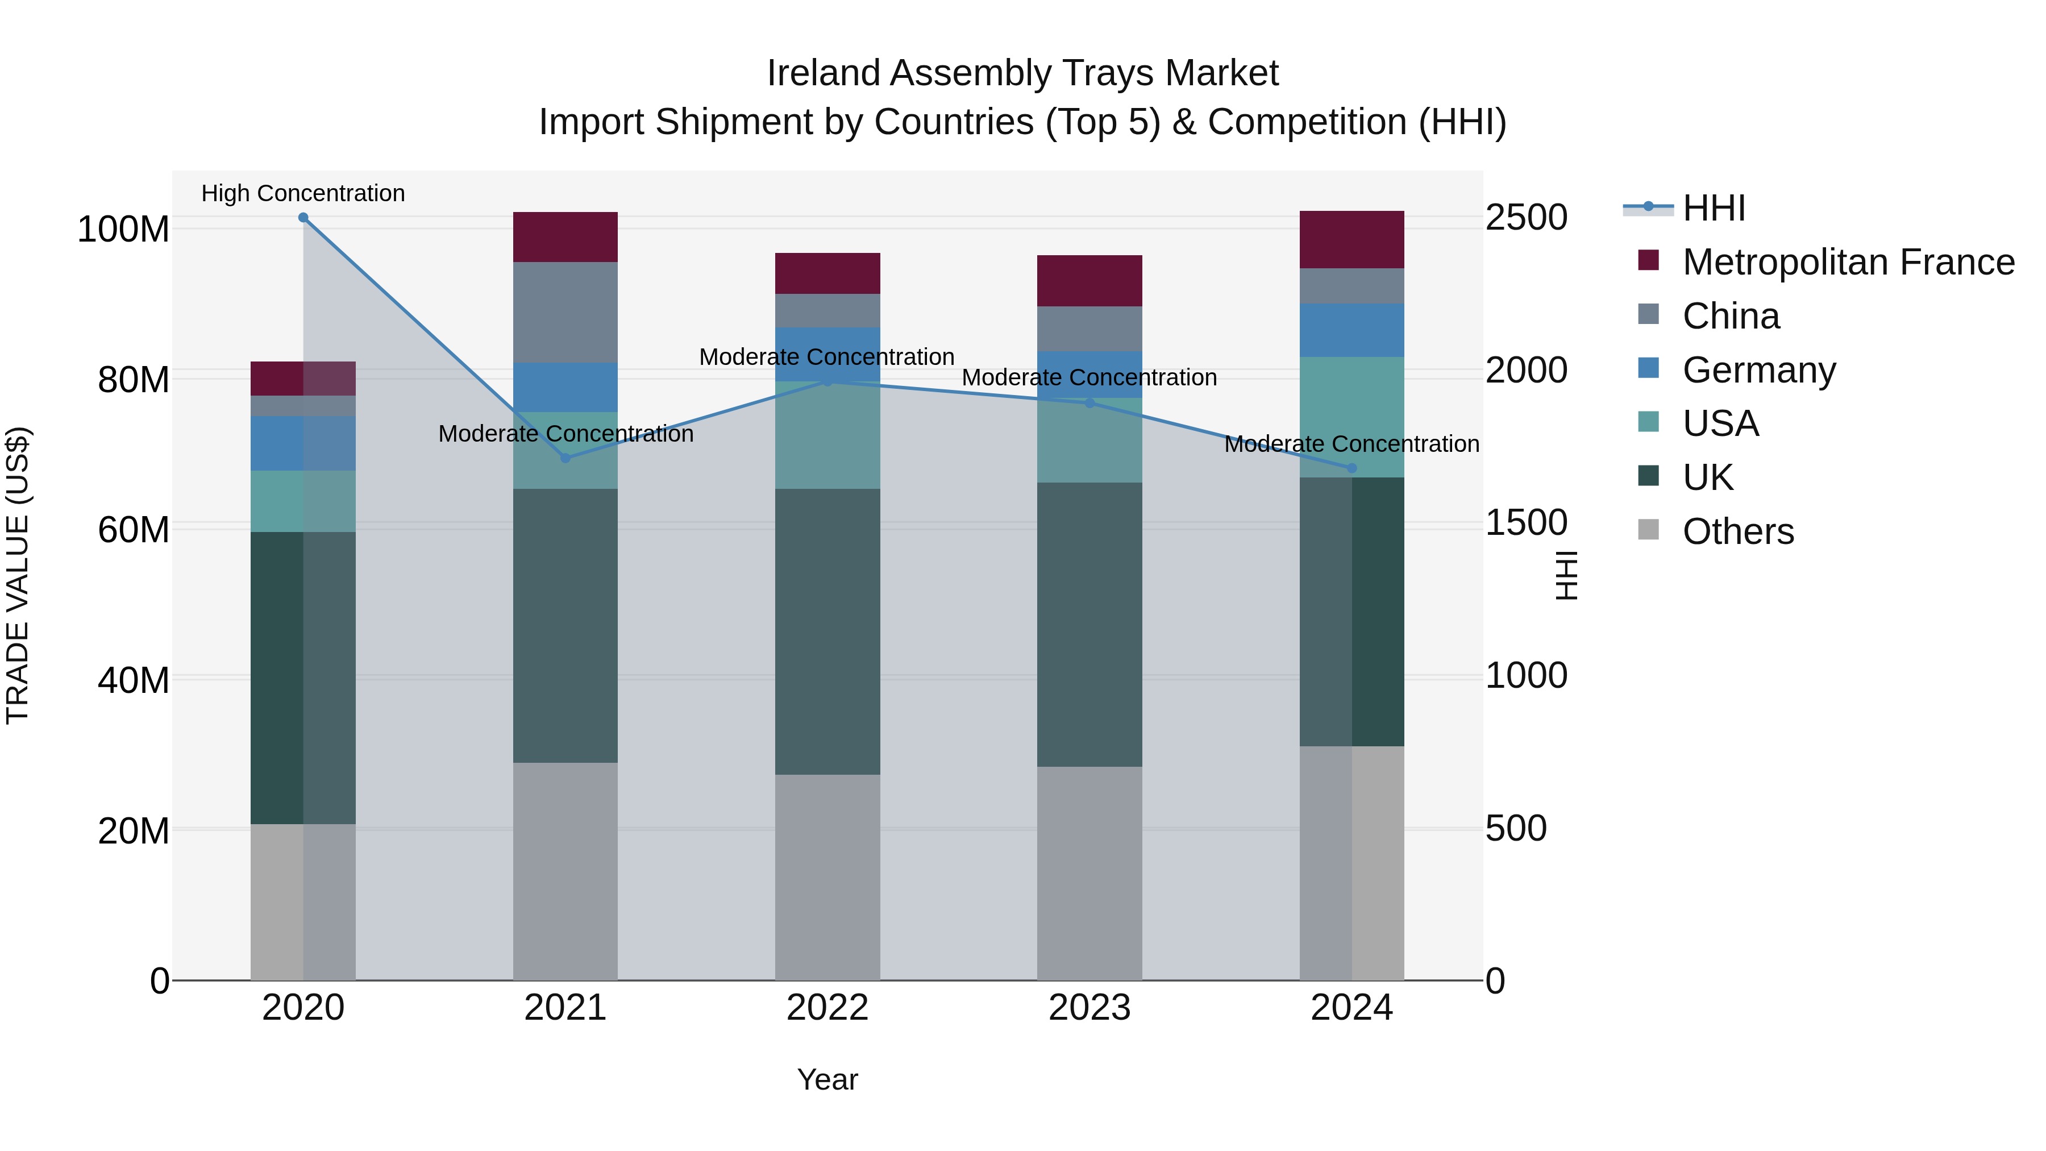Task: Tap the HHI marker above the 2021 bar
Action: (565, 458)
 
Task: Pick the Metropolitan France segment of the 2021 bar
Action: (565, 236)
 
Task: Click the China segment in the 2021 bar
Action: (565, 312)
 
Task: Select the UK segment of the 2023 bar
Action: (1089, 624)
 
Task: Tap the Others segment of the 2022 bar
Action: (827, 877)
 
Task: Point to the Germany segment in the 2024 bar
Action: (1352, 330)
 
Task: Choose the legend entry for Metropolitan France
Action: (1848, 262)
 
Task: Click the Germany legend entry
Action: (1758, 370)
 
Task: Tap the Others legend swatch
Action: (1648, 530)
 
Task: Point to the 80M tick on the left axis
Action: (134, 380)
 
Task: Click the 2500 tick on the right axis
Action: (1527, 218)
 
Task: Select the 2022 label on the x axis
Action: (827, 1008)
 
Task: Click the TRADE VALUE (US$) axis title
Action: (18, 575)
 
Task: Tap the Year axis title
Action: (827, 1079)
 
